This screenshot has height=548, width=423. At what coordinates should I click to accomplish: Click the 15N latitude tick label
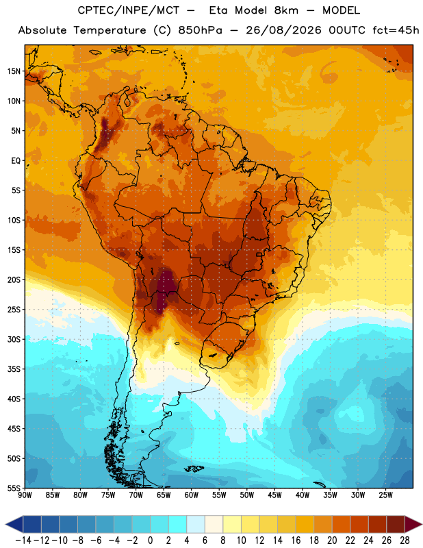coord(14,71)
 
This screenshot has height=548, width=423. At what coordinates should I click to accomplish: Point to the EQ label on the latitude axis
coord(16,161)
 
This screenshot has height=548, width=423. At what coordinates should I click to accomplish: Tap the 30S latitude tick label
coord(14,339)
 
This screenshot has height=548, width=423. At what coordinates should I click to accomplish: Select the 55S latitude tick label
coord(14,488)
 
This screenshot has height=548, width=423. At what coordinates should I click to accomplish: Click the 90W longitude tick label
coord(25,495)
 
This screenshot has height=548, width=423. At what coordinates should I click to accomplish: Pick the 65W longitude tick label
coord(164,495)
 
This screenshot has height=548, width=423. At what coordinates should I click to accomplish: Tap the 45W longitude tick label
coord(274,495)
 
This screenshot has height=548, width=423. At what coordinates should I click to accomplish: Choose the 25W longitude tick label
coord(385,495)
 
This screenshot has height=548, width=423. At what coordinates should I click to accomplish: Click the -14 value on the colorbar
coord(23,540)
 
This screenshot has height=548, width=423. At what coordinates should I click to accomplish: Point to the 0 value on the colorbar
coord(150,540)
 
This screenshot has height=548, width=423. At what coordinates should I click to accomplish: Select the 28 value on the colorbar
coord(405,540)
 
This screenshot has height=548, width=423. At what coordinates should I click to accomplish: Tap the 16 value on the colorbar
coord(296,540)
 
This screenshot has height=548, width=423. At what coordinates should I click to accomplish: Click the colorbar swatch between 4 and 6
coord(196,524)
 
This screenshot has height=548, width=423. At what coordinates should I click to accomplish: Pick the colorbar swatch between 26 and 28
coord(396,524)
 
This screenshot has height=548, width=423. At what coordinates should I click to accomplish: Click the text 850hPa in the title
coord(200,30)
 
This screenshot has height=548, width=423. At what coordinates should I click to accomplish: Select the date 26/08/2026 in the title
coord(283,30)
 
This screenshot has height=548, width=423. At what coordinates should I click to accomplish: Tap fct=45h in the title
coord(396,30)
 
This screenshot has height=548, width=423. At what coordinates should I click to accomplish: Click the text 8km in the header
coord(286,10)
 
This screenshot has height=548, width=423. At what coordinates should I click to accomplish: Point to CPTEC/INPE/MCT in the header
coord(129,10)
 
